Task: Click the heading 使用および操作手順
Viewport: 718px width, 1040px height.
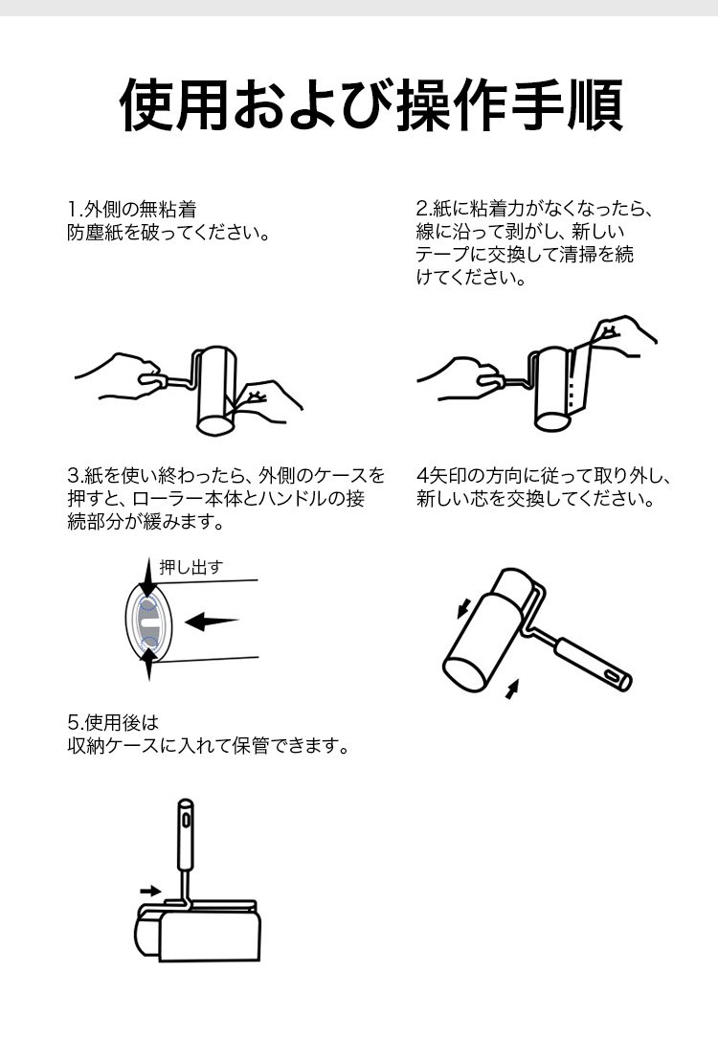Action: (371, 104)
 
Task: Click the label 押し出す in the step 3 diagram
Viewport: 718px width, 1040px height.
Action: (191, 567)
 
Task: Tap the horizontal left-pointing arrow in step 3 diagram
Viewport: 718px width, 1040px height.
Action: (212, 622)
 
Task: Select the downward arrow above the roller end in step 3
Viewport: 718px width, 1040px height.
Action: (148, 577)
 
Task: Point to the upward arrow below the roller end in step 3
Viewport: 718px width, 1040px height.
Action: (148, 664)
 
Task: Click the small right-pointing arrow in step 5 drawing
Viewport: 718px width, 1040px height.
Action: (150, 890)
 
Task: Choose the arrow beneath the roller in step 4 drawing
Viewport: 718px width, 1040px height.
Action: (511, 689)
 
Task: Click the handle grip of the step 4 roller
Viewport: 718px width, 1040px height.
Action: (593, 665)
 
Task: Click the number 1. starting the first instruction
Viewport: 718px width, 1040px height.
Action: (75, 210)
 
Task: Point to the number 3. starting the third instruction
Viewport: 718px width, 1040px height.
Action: (75, 476)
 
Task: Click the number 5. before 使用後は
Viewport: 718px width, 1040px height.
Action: (75, 722)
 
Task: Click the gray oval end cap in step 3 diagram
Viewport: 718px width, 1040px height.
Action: (148, 622)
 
